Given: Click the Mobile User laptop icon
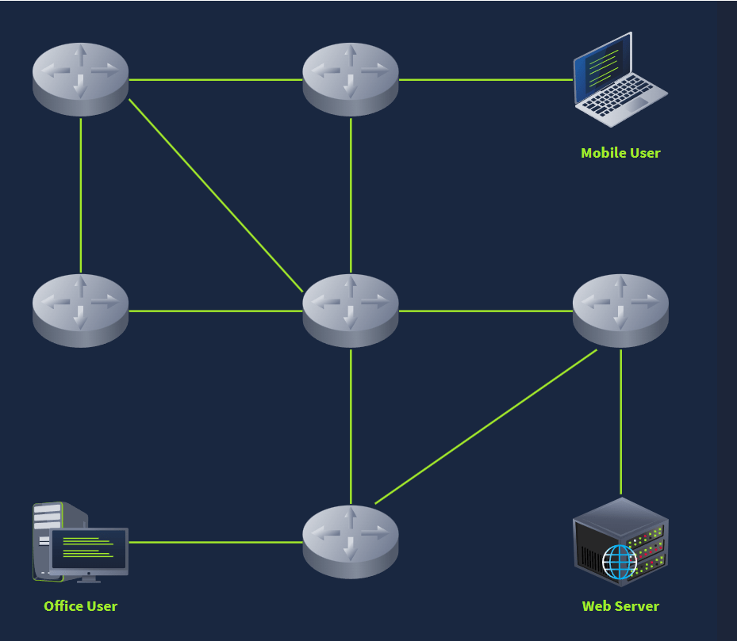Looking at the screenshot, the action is [620, 80].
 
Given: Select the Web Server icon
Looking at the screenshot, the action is [620, 543].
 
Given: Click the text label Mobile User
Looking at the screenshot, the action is [620, 153].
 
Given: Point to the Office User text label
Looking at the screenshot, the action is [80, 606].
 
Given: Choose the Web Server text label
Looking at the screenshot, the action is [620, 606].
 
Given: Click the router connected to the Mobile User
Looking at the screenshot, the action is [351, 79].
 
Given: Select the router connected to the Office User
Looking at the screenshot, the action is [351, 542].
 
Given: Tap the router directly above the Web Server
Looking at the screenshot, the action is [620, 311].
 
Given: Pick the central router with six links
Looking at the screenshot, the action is [351, 311].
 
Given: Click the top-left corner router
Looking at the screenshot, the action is [80, 79].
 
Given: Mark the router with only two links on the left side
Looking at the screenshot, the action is [80, 311].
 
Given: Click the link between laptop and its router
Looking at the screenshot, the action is [486, 80].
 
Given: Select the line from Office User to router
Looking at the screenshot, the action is [216, 543].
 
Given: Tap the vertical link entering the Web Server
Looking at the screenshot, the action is [621, 422].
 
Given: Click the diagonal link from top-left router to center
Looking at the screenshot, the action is [216, 196].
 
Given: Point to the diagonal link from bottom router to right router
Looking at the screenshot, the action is [486, 427].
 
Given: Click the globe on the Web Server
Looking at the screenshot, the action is [620, 562].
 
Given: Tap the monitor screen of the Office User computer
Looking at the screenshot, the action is [88, 548].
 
